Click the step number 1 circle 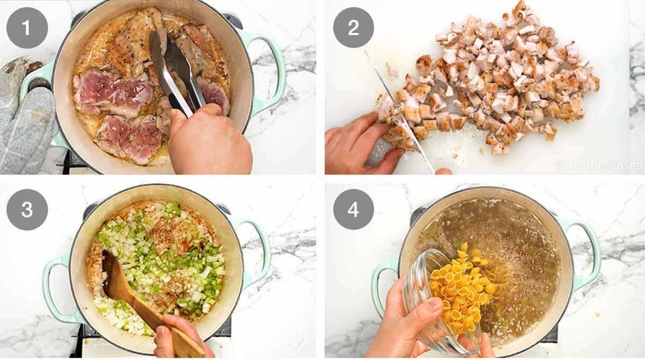coord(27,27)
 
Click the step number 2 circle coord(353,27)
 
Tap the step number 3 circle coord(27,210)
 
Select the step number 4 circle coord(353,210)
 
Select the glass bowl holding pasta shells coord(430,301)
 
